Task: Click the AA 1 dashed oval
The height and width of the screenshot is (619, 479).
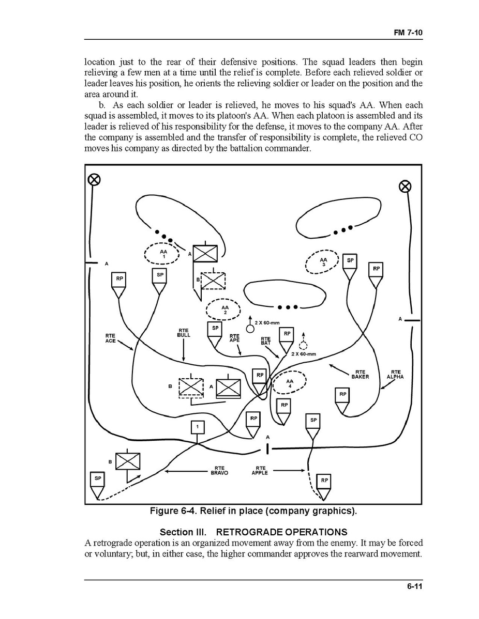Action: tap(162, 254)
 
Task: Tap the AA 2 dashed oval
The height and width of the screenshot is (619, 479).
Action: tap(223, 310)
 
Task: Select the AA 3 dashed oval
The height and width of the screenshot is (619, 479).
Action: tap(322, 263)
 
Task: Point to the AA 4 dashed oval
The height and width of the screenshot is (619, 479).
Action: tap(289, 383)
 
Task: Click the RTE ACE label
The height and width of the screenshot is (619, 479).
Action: tap(110, 339)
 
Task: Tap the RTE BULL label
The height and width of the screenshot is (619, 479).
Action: tap(184, 333)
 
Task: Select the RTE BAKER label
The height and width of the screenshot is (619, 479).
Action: tap(360, 374)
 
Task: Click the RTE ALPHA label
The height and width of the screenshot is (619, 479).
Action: tap(395, 374)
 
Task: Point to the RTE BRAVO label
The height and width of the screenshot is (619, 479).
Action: tap(219, 470)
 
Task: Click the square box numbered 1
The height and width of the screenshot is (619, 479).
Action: tap(198, 427)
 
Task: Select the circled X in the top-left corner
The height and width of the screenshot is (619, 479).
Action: tap(94, 179)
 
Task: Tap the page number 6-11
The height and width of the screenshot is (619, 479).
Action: tap(414, 586)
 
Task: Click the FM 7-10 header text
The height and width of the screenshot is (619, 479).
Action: tap(408, 33)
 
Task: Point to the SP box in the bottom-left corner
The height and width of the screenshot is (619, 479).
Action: tap(97, 478)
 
